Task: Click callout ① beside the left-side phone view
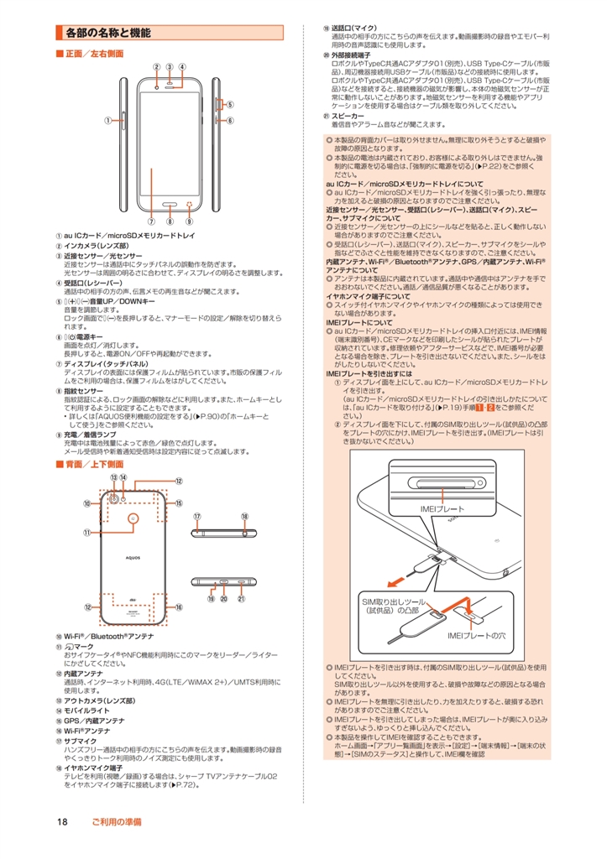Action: pos(107,121)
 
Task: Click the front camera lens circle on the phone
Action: pos(157,86)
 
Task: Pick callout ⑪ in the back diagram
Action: pos(86,533)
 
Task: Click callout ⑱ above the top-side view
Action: pos(244,517)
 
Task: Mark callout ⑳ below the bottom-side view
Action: pos(225,599)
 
